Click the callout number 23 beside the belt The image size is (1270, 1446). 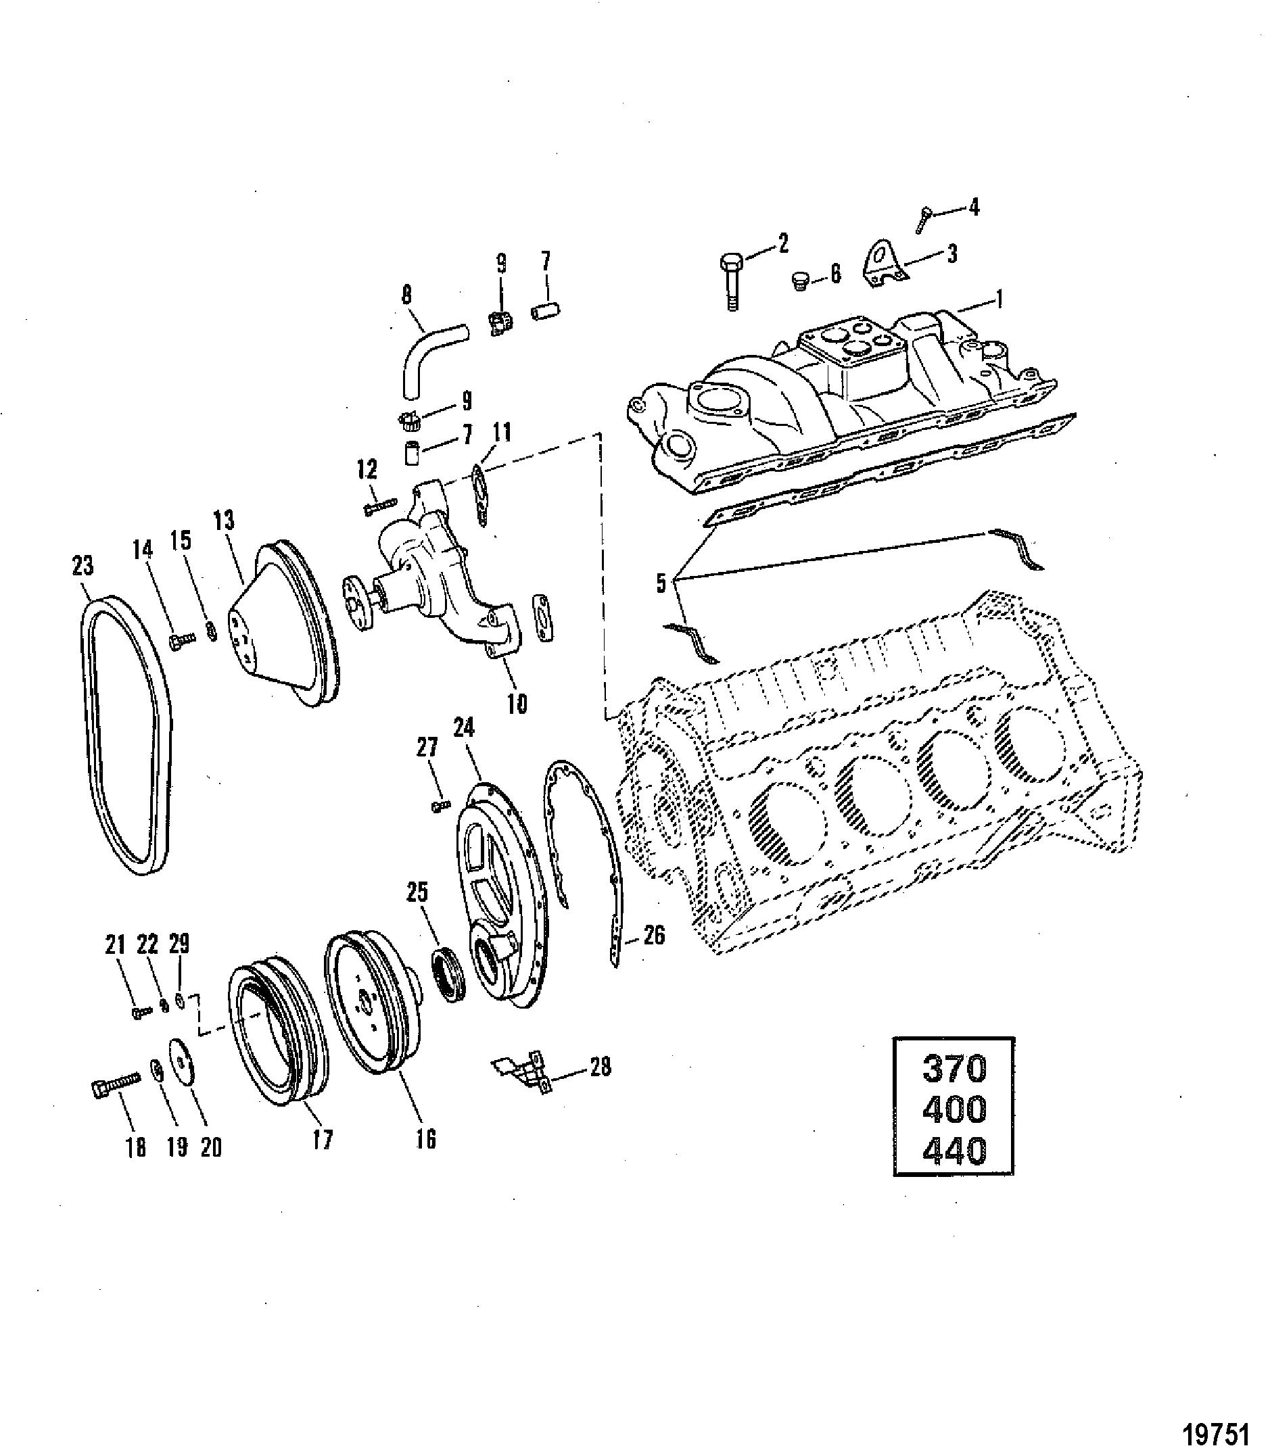click(x=83, y=566)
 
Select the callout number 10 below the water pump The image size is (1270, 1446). click(x=517, y=703)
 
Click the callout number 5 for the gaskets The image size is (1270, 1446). click(x=661, y=583)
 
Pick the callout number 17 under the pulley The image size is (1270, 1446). click(x=323, y=1140)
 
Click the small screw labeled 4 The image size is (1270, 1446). click(x=924, y=219)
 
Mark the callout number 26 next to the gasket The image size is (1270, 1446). click(x=655, y=936)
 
